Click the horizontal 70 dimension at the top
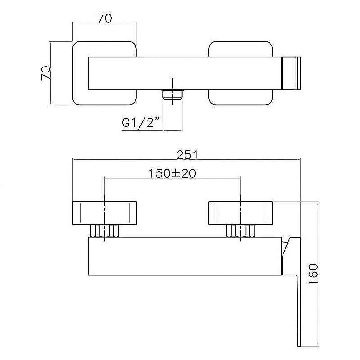[105, 18]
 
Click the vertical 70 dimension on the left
[46, 73]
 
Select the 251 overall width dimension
[187, 155]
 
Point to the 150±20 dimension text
[173, 173]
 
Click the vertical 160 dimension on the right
[313, 274]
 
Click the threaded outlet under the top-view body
[173, 94]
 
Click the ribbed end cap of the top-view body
[291, 73]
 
